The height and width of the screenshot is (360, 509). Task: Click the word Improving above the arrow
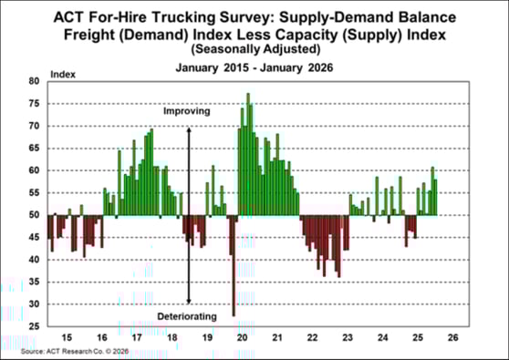tap(187, 111)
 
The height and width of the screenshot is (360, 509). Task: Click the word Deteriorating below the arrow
tap(187, 316)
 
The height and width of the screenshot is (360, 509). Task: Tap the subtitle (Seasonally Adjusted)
tap(254, 47)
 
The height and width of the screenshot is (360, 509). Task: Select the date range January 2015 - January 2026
tap(254, 67)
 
